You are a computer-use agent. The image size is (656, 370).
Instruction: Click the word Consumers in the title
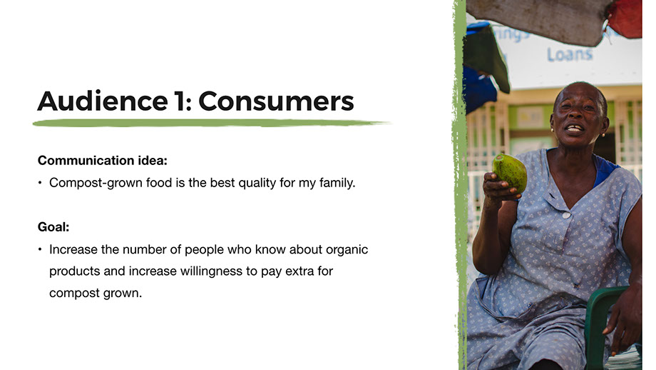pyautogui.click(x=276, y=101)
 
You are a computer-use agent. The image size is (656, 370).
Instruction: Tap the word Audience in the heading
pyautogui.click(x=103, y=101)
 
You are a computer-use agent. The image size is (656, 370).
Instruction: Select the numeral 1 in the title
pyautogui.click(x=180, y=101)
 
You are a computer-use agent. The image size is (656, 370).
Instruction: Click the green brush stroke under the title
pyautogui.click(x=211, y=123)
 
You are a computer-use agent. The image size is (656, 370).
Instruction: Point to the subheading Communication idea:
pyautogui.click(x=103, y=161)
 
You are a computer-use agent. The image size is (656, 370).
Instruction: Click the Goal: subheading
pyautogui.click(x=53, y=227)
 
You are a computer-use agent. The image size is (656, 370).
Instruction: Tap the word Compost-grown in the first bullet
pyautogui.click(x=96, y=183)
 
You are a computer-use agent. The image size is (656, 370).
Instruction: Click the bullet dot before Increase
pyautogui.click(x=40, y=249)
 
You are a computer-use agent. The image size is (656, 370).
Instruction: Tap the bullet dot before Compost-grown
pyautogui.click(x=40, y=183)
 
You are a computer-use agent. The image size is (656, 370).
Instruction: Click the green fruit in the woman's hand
pyautogui.click(x=510, y=172)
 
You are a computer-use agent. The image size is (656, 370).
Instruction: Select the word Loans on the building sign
pyautogui.click(x=570, y=54)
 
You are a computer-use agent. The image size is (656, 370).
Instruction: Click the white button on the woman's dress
pyautogui.click(x=566, y=216)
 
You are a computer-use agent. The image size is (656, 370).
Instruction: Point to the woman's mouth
pyautogui.click(x=575, y=128)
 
